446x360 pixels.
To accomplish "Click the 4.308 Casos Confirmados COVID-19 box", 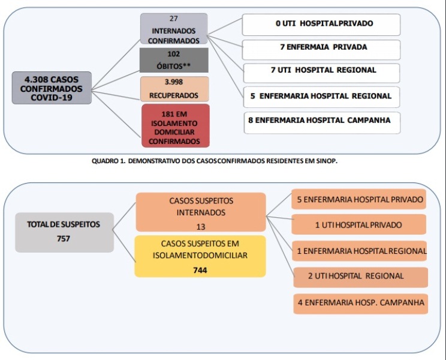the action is tap(52, 88).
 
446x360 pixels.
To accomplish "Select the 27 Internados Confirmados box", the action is tap(174, 29).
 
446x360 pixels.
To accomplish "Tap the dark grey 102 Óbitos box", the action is tap(174, 60).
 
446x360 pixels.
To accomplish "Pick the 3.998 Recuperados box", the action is tap(174, 89).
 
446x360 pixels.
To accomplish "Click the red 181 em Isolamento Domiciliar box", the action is tap(176, 126).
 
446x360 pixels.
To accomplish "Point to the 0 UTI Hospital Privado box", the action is tap(321, 25).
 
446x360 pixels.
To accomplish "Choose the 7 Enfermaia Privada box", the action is tap(321, 50).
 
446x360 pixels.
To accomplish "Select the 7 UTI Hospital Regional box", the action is tap(322, 73).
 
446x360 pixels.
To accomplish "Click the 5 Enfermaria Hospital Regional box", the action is tap(322, 97).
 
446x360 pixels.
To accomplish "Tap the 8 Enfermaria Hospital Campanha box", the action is tap(322, 123).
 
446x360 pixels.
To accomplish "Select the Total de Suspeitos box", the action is tap(65, 232).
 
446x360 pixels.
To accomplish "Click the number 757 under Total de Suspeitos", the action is tap(63, 238).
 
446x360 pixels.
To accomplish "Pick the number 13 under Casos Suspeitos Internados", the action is tap(201, 227).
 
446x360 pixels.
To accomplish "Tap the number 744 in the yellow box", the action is tap(200, 270).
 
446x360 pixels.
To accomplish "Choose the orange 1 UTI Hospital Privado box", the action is tap(358, 224).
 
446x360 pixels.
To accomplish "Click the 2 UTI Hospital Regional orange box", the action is tap(361, 277).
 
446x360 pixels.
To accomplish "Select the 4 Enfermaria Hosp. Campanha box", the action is tap(361, 304).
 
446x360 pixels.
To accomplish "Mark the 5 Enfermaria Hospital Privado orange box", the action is tap(358, 199).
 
